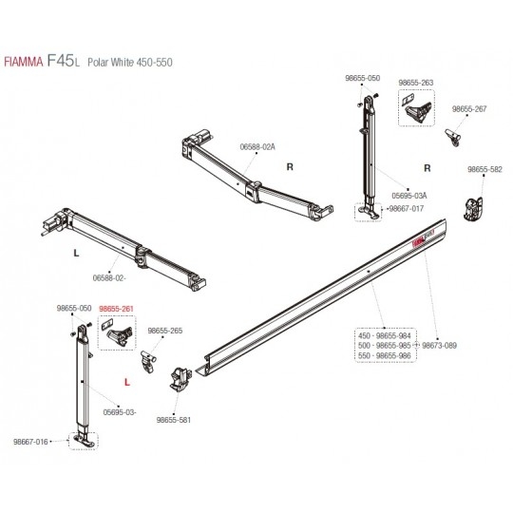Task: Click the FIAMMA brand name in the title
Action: (x=23, y=62)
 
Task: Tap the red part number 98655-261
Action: (x=116, y=309)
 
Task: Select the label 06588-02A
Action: (x=257, y=147)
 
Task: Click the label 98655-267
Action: (x=469, y=109)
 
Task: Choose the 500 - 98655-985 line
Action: (x=384, y=346)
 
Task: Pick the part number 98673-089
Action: (x=440, y=346)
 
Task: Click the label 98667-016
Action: (x=30, y=442)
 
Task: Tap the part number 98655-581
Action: (x=174, y=420)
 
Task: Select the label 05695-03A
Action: (x=409, y=196)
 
